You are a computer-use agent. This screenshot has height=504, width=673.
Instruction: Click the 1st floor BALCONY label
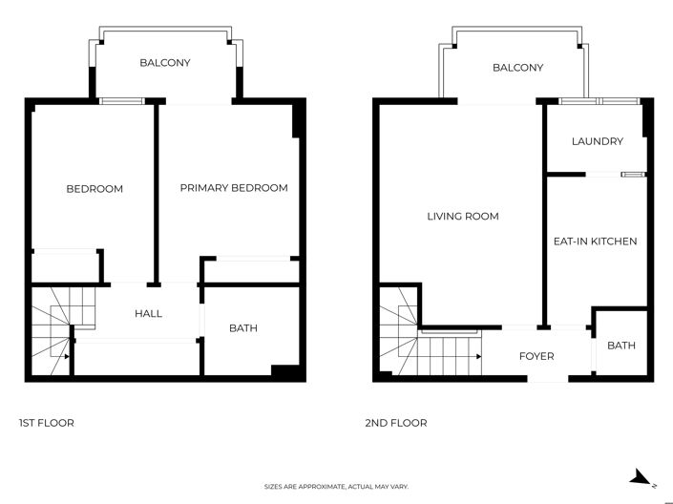click(165, 63)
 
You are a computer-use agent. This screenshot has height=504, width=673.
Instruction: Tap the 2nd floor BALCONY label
click(517, 68)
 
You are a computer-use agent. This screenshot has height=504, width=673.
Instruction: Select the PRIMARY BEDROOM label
click(234, 188)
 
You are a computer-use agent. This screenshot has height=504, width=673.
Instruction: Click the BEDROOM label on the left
click(95, 189)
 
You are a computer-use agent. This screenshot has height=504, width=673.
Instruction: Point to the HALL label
click(148, 313)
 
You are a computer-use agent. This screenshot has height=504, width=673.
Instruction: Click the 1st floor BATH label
click(242, 328)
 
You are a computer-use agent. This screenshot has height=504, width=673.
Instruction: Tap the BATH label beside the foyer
click(620, 346)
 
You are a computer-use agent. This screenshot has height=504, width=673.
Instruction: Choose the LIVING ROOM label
click(462, 217)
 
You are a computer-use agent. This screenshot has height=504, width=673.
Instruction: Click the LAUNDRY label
click(597, 141)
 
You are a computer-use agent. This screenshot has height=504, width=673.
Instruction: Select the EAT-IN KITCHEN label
click(595, 241)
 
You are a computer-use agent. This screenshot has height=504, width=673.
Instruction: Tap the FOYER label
click(536, 357)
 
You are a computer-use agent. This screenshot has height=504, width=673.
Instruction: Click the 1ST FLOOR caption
click(47, 423)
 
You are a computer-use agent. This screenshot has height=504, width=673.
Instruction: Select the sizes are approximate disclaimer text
click(336, 487)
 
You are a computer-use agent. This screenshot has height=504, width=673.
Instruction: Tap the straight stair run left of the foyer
click(450, 356)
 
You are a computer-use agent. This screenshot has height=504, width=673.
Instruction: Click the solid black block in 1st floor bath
click(285, 372)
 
